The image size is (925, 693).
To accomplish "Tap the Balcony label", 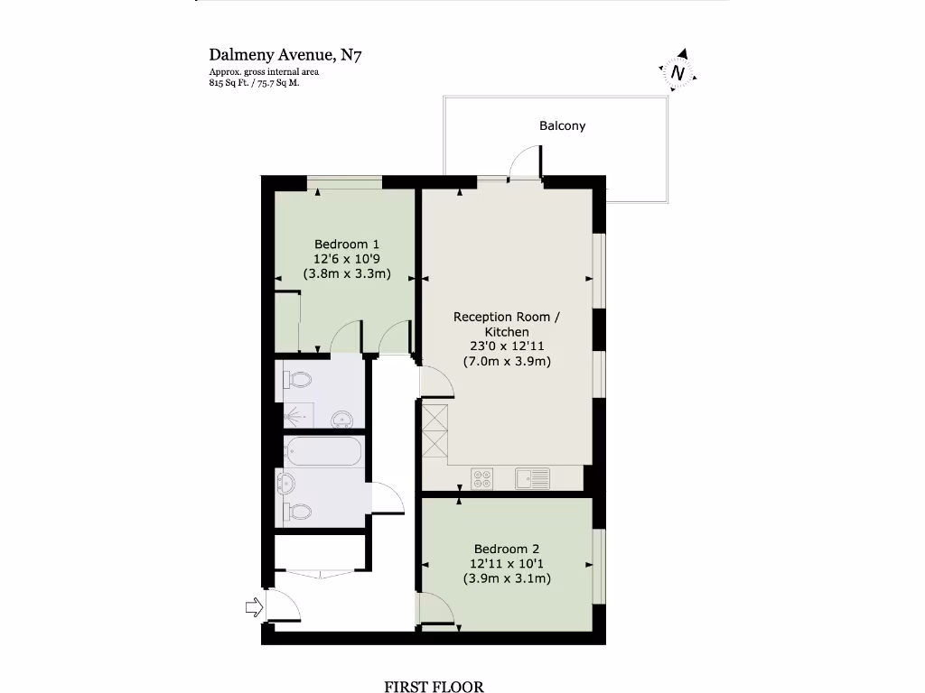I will [562, 125].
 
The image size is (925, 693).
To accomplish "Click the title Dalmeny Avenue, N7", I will [286, 55].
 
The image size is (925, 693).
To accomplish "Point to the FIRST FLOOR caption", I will [434, 687].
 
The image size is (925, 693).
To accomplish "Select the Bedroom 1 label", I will [347, 244].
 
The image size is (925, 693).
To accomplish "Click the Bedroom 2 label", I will [507, 549].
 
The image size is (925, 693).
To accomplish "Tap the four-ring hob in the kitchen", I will [481, 477].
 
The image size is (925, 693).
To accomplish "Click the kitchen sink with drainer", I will [532, 477].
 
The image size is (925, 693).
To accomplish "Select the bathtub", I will [323, 452].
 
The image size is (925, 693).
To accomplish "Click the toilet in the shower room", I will [298, 378].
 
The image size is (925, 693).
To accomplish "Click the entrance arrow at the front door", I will [253, 608].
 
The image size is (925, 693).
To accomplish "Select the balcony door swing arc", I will [525, 163].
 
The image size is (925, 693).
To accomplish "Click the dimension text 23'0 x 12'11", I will [506, 346].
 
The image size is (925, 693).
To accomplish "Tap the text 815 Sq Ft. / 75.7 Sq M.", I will [254, 83].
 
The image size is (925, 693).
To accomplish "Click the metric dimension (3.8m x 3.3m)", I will [347, 273].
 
